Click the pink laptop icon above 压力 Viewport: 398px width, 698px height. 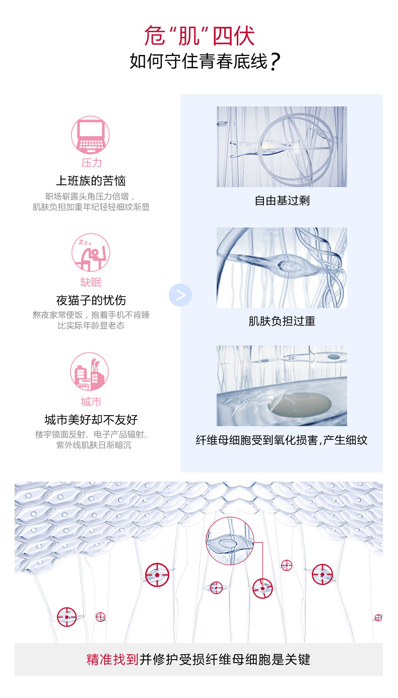(x=90, y=135)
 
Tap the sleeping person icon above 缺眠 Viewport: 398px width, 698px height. (x=91, y=253)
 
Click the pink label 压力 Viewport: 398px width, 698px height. (x=91, y=162)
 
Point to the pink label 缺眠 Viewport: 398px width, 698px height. (x=91, y=282)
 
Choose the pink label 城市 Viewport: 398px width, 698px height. (x=91, y=401)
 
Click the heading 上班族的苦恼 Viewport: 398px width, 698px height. (x=91, y=181)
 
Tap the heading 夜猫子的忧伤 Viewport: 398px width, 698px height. (x=91, y=301)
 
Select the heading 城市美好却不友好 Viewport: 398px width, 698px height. (x=91, y=420)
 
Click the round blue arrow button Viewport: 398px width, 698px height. (x=180, y=295)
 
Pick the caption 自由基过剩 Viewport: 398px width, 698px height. (x=282, y=201)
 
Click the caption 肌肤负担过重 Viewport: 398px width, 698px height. (x=282, y=321)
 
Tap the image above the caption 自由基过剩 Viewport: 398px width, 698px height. (x=282, y=147)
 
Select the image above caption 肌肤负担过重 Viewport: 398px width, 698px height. (x=282, y=267)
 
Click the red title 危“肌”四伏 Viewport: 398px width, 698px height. (x=200, y=36)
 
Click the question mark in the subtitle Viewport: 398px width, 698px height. (x=275, y=63)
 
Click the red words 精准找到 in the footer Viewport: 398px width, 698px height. (x=112, y=659)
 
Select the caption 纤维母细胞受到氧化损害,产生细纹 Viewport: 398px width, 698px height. (x=282, y=440)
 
